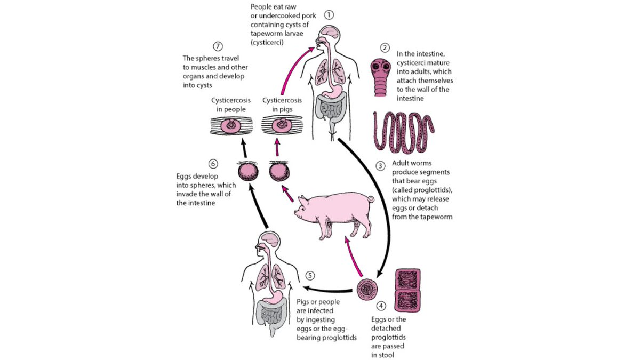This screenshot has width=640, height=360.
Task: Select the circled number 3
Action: pyautogui.click(x=380, y=165)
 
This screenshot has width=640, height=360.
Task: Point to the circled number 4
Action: pyautogui.click(x=380, y=306)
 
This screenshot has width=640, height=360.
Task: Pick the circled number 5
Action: pyautogui.click(x=311, y=276)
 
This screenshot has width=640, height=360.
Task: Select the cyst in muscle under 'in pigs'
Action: pyautogui.click(x=282, y=127)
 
